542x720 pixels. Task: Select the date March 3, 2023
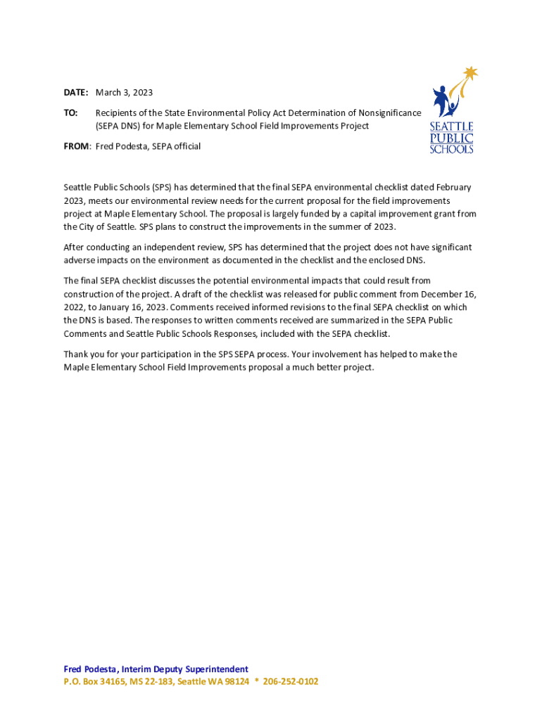124,93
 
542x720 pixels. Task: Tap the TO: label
70,112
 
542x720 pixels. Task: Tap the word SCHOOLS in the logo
451,149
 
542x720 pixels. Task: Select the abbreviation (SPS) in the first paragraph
158,188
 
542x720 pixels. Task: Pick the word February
453,188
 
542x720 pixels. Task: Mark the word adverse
80,260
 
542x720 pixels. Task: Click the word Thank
77,354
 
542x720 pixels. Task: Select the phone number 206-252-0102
291,681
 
